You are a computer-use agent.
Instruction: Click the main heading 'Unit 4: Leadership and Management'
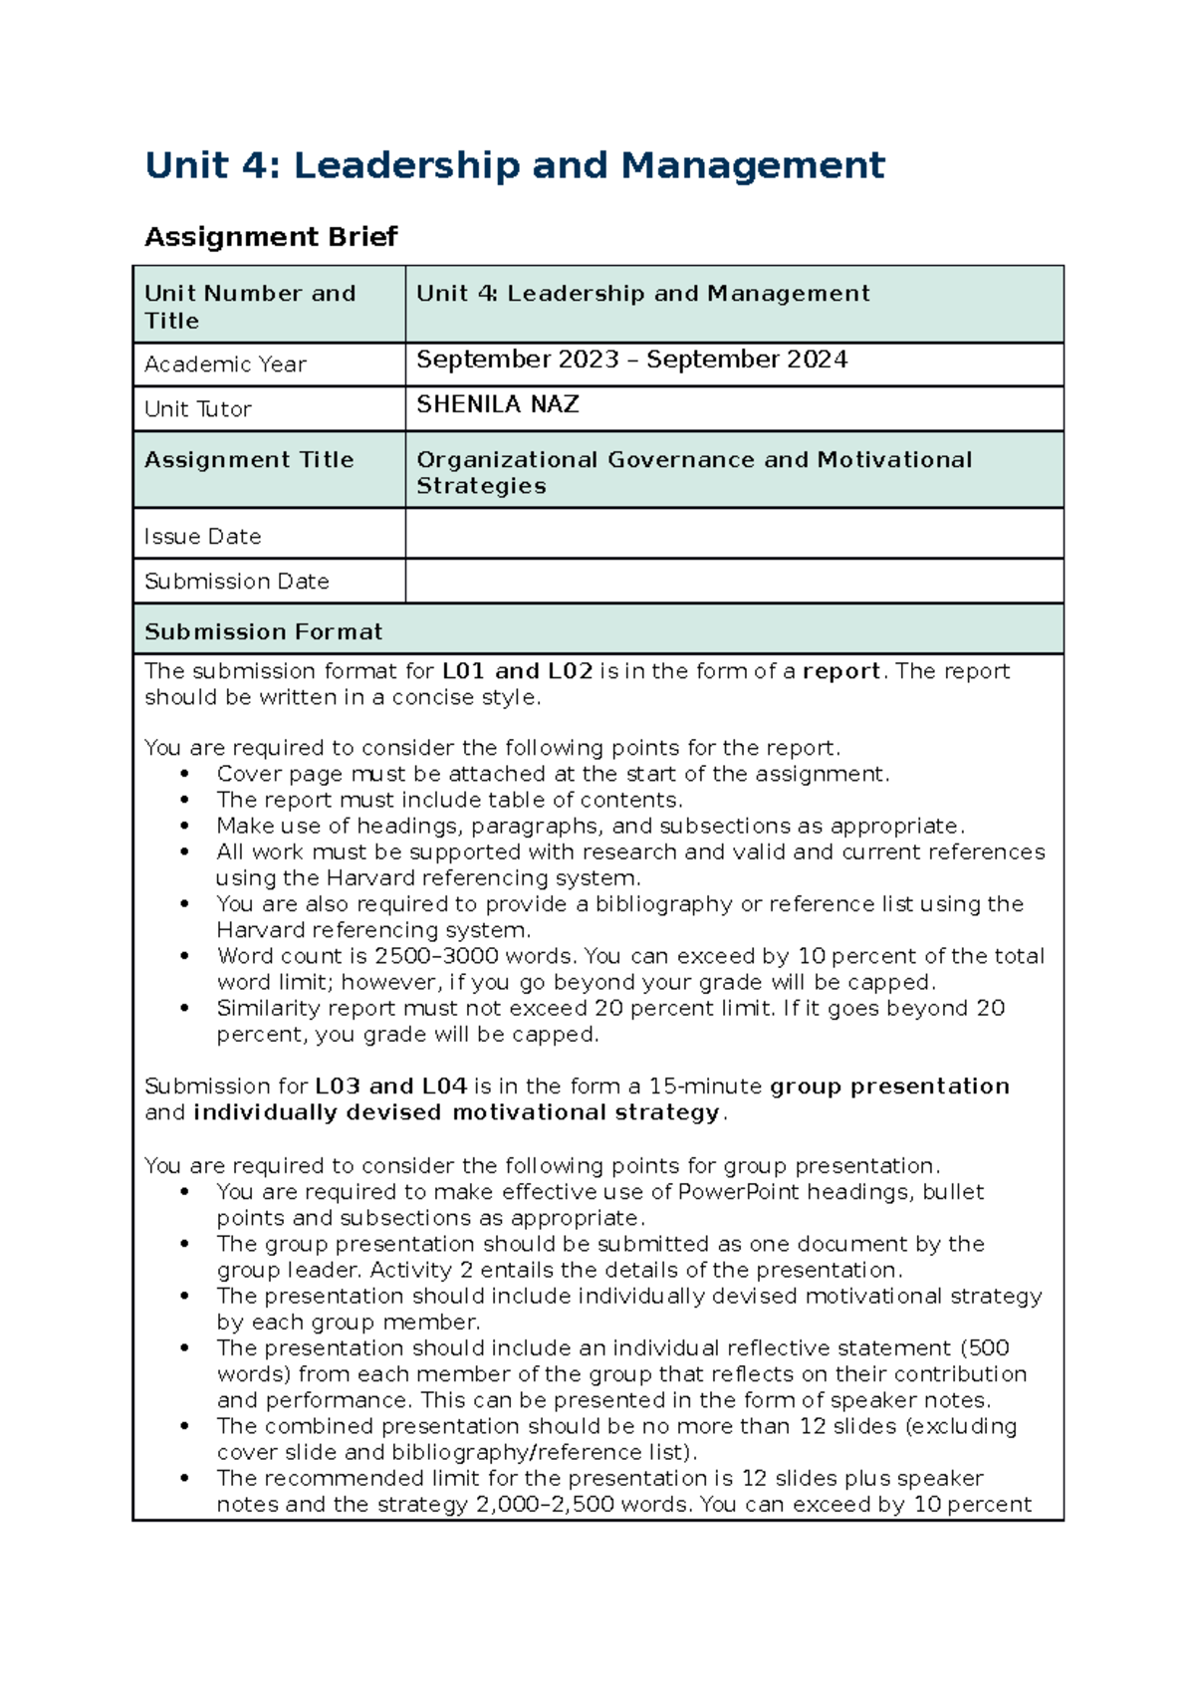pos(514,164)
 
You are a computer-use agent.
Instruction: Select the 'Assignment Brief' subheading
pos(271,237)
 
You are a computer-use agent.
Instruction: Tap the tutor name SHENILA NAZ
pos(497,404)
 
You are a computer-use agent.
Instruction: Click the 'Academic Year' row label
pos(225,364)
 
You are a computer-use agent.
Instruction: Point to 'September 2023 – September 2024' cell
pos(631,360)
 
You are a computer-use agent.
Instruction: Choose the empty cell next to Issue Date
pos(734,534)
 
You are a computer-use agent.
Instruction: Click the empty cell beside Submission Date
pos(734,581)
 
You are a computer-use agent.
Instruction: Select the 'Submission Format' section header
pos(263,631)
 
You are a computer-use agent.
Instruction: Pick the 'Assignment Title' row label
pos(249,460)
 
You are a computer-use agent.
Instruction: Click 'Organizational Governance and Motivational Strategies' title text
pos(693,472)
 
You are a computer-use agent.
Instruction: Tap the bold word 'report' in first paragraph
pos(841,671)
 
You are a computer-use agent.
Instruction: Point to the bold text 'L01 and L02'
pos(517,671)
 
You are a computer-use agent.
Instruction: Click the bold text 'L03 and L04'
pos(390,1087)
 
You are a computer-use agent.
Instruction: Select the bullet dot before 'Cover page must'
pos(184,774)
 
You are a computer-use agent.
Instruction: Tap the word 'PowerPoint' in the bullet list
pos(738,1192)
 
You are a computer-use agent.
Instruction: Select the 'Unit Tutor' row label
pos(197,409)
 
